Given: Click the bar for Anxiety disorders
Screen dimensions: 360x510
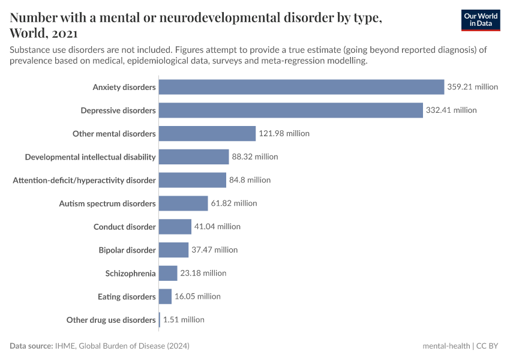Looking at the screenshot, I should [x=301, y=87].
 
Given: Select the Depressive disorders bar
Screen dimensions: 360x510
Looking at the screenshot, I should [x=291, y=110].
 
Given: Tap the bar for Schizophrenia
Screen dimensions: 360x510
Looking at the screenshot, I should [x=168, y=273].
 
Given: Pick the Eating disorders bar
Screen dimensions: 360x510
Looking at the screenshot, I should [x=165, y=296].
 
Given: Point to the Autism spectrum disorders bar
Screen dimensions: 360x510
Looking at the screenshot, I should [x=183, y=203].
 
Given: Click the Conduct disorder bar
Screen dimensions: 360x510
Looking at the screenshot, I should [x=175, y=227].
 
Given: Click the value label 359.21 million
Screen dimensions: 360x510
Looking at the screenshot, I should [x=472, y=87].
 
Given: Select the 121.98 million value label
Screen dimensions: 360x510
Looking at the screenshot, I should [x=284, y=134].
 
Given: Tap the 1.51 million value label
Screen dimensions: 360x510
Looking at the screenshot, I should [x=184, y=320].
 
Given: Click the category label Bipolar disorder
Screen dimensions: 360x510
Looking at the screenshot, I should [x=127, y=250].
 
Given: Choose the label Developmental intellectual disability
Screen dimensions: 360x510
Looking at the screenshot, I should [x=90, y=157].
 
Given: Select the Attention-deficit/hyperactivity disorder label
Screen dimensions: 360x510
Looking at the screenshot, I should [x=84, y=180].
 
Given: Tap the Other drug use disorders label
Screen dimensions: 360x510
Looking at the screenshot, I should [x=111, y=320].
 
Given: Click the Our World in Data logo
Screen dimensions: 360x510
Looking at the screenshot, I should [x=480, y=20].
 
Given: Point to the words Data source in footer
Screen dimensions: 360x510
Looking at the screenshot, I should [x=31, y=346].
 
